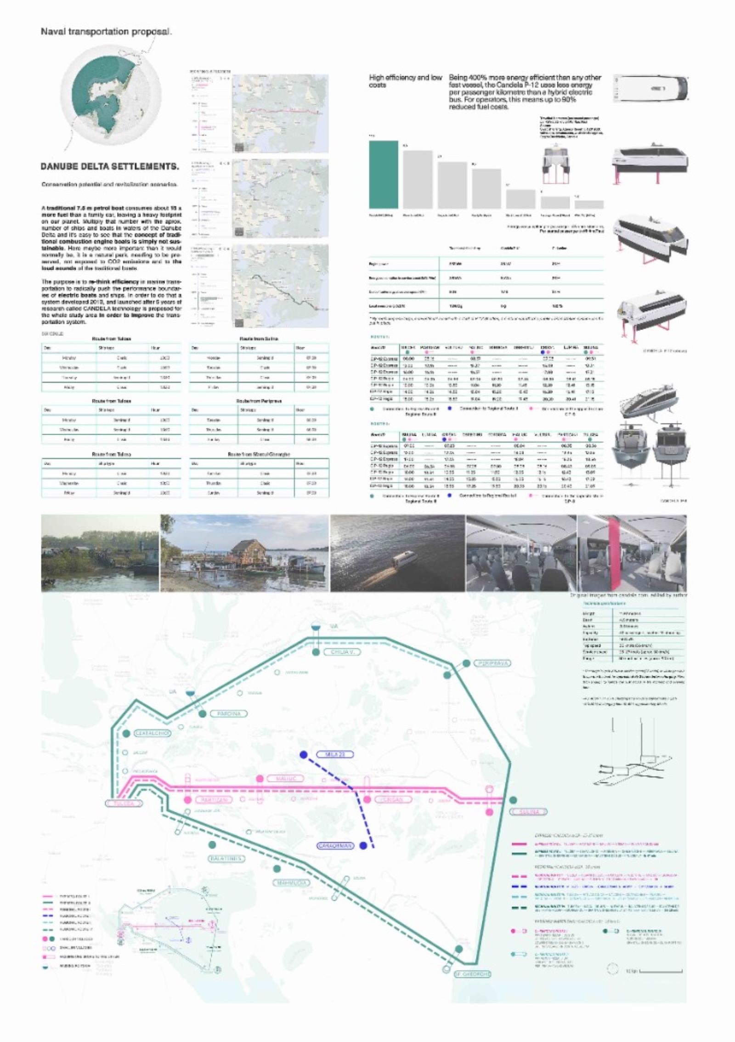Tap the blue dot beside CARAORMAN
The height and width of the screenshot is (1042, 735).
pos(363,845)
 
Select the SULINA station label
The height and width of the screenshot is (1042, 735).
pos(529,812)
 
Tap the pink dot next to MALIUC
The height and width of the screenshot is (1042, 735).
pos(260,778)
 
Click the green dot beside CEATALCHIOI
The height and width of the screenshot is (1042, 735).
pos(126,734)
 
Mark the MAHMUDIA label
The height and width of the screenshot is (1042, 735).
pos(292,883)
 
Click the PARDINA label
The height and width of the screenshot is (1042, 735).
pos(229,714)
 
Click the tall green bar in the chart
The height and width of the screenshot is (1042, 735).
pos(384,175)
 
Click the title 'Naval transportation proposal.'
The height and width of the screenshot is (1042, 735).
pos(106,32)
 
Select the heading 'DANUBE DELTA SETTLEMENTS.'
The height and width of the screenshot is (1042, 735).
pos(110,166)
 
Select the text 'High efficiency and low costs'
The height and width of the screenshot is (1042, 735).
pos(405,81)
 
